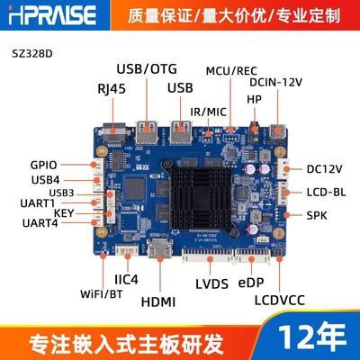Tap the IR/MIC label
[211, 111]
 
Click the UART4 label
[41, 222]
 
